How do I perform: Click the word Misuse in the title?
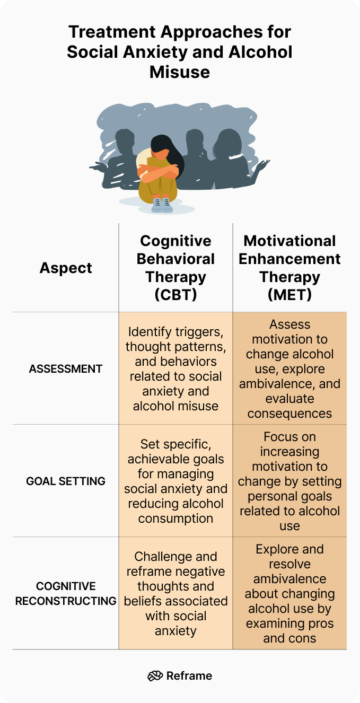coord(180,72)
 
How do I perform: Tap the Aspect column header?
coord(66,268)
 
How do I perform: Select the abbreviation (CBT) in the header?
coord(176,295)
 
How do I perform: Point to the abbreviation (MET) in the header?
coord(289,295)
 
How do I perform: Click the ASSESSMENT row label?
coord(66,369)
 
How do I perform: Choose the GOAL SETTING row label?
coord(66,481)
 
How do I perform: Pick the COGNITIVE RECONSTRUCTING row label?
coord(66,593)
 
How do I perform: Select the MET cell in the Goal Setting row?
coord(289,481)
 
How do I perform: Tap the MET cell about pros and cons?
coord(289,593)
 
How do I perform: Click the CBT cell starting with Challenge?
coord(176,593)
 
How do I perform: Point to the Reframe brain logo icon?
coord(155,675)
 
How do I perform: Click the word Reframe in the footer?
coord(189,675)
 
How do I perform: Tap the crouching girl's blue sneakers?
coord(162,205)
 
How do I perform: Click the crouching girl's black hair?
coord(168,151)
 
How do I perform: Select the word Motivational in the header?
coord(289,241)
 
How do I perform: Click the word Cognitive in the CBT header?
coord(176,241)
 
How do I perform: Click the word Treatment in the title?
coord(112,32)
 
